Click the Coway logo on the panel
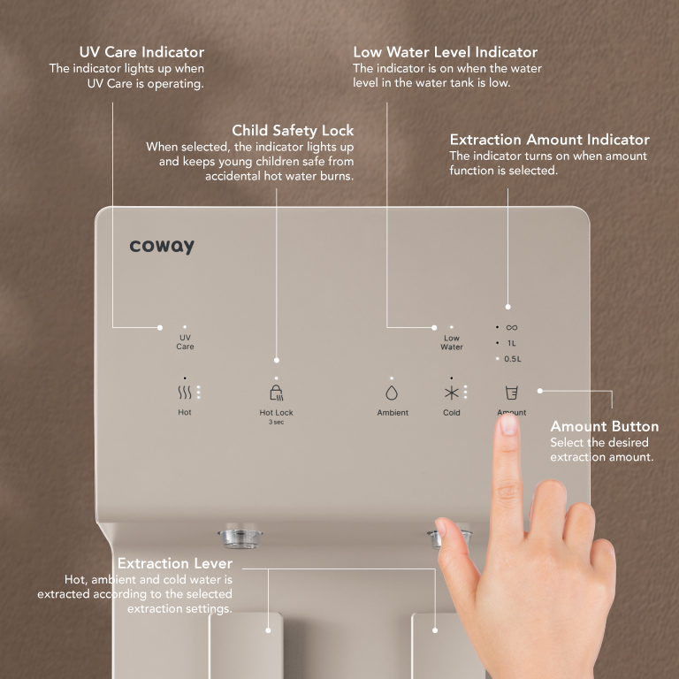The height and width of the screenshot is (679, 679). click(162, 246)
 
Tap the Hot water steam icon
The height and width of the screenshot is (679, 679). click(185, 393)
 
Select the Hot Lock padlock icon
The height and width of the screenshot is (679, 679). click(276, 393)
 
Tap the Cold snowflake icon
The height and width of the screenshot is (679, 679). click(451, 393)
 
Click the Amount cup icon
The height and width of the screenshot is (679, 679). click(511, 393)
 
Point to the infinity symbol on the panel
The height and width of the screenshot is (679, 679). click(511, 327)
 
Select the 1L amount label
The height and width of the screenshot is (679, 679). click(511, 343)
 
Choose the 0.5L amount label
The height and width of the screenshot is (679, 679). click(513, 359)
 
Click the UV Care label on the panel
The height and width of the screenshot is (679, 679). click(185, 341)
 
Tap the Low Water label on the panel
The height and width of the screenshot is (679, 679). click(451, 342)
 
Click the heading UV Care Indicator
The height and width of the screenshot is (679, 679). click(141, 52)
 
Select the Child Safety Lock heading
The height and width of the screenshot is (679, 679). click(293, 130)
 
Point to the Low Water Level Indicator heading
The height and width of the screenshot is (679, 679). click(446, 52)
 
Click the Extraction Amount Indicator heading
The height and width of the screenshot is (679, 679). click(550, 140)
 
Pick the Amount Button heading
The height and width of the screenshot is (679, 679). click(605, 426)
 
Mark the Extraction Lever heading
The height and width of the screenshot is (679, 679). click(175, 563)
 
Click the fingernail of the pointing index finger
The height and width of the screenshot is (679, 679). click(509, 423)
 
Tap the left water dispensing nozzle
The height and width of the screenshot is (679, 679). click(240, 538)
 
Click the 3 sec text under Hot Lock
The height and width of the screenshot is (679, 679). click(276, 422)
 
